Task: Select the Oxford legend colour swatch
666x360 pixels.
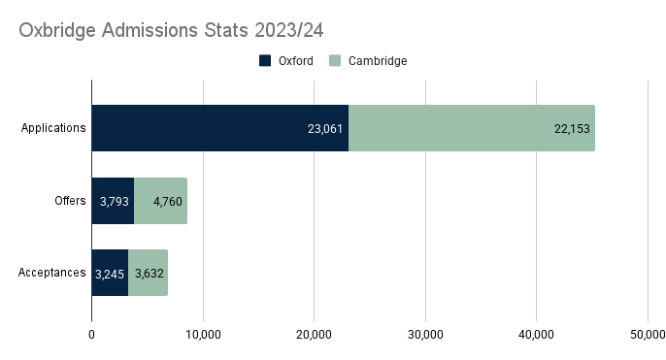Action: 265,61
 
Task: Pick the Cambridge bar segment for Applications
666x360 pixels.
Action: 456,127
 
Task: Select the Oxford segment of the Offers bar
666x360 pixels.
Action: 113,201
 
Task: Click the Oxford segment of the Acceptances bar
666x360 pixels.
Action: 110,274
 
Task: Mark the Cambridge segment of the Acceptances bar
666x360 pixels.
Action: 148,274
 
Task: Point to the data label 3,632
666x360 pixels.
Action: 150,275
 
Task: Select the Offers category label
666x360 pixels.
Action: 70,201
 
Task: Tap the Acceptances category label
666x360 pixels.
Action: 52,274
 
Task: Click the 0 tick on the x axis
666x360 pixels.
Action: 91,335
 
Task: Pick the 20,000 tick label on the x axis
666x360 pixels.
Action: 314,335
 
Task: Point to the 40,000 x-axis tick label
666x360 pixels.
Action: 536,335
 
